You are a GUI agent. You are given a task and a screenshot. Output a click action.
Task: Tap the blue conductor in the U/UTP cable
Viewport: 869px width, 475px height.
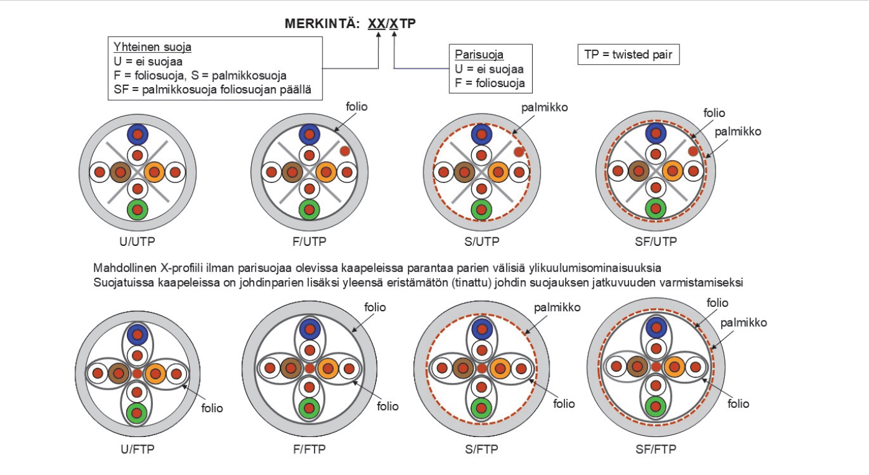pyautogui.click(x=137, y=134)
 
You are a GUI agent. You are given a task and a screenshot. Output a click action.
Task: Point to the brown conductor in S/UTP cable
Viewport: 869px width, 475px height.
pyautogui.click(x=462, y=172)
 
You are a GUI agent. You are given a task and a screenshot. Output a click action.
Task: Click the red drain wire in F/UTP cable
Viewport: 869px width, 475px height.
pyautogui.click(x=344, y=151)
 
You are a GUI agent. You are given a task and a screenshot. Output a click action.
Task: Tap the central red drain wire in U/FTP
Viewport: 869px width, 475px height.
pyautogui.click(x=137, y=374)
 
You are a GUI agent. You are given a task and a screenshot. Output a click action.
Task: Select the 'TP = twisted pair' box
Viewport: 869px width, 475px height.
pyautogui.click(x=628, y=55)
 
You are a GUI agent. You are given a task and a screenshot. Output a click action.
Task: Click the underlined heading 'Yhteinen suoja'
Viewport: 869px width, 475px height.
pyautogui.click(x=152, y=47)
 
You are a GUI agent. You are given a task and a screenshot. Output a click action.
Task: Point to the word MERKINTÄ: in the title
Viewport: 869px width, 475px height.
pyautogui.click(x=322, y=24)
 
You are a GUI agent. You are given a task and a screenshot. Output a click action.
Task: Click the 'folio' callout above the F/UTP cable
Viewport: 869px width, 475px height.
pyautogui.click(x=357, y=107)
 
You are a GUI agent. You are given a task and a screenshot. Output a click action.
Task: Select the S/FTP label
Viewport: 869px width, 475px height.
pyautogui.click(x=480, y=449)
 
